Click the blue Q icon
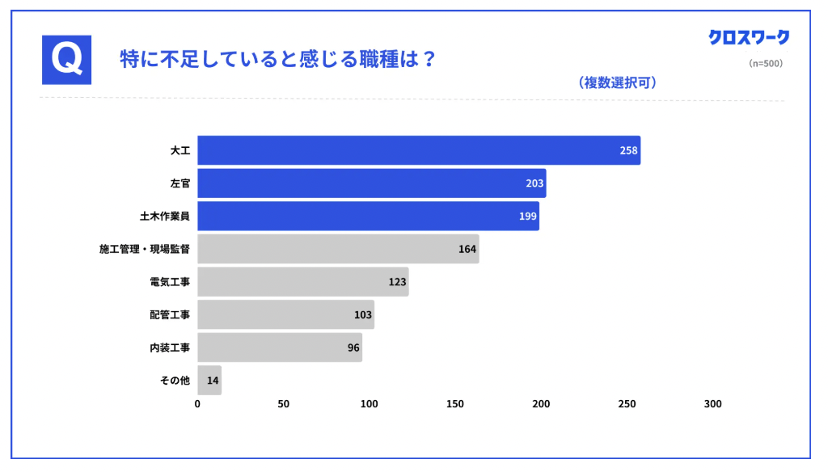pyautogui.click(x=66, y=60)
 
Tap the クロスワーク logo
pyautogui.click(x=749, y=38)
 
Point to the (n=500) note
pyautogui.click(x=766, y=63)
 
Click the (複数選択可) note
pyautogui.click(x=616, y=82)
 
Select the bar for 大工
pyautogui.click(x=418, y=150)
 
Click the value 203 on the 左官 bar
pyautogui.click(x=534, y=183)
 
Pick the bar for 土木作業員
pyautogui.click(x=368, y=217)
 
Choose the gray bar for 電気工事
pyautogui.click(x=302, y=282)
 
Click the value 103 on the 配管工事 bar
pyautogui.click(x=363, y=315)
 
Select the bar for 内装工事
pyautogui.click(x=279, y=348)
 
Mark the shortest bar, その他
pyautogui.click(x=209, y=381)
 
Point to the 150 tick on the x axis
pyautogui.click(x=455, y=404)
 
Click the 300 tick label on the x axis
pyautogui.click(x=712, y=404)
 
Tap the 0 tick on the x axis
pyautogui.click(x=198, y=404)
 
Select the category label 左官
pyautogui.click(x=180, y=183)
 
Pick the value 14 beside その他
pyautogui.click(x=213, y=381)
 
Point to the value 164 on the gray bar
pyautogui.click(x=467, y=249)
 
